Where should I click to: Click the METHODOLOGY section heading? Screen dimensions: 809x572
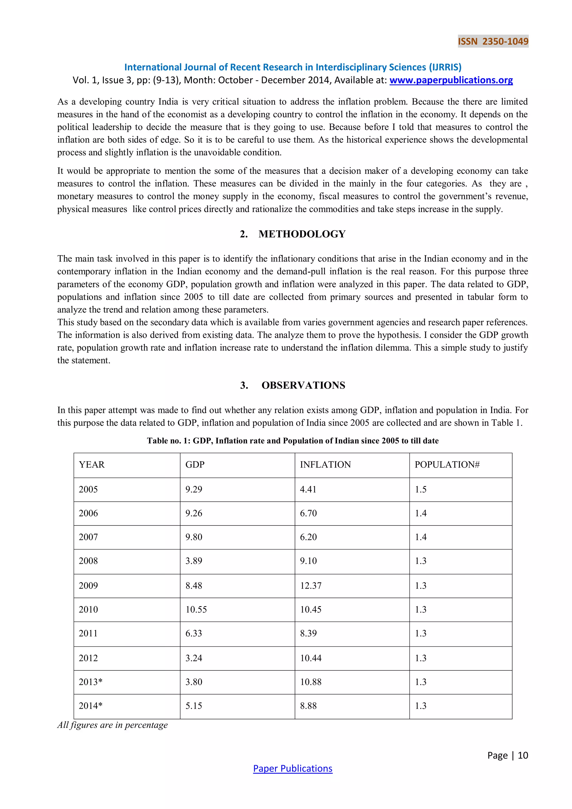pos(302,234)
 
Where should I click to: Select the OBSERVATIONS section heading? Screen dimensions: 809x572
pos(303,385)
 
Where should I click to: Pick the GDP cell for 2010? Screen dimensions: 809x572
pos(196,609)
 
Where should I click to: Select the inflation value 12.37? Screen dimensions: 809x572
pos(311,585)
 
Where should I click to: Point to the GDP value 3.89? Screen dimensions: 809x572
pos(194,561)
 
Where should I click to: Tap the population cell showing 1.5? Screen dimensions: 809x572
pos(421,489)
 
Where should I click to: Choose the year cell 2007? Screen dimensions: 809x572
pos(88,537)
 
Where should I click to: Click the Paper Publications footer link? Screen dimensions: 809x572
pos(293,768)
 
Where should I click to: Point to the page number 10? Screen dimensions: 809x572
pos(523,755)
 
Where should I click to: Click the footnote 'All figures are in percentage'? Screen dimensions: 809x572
pos(112,725)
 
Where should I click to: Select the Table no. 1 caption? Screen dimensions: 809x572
pos(293,441)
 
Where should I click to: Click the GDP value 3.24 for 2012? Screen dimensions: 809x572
pos(194,658)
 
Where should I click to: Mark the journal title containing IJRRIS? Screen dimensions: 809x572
pos(293,67)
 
